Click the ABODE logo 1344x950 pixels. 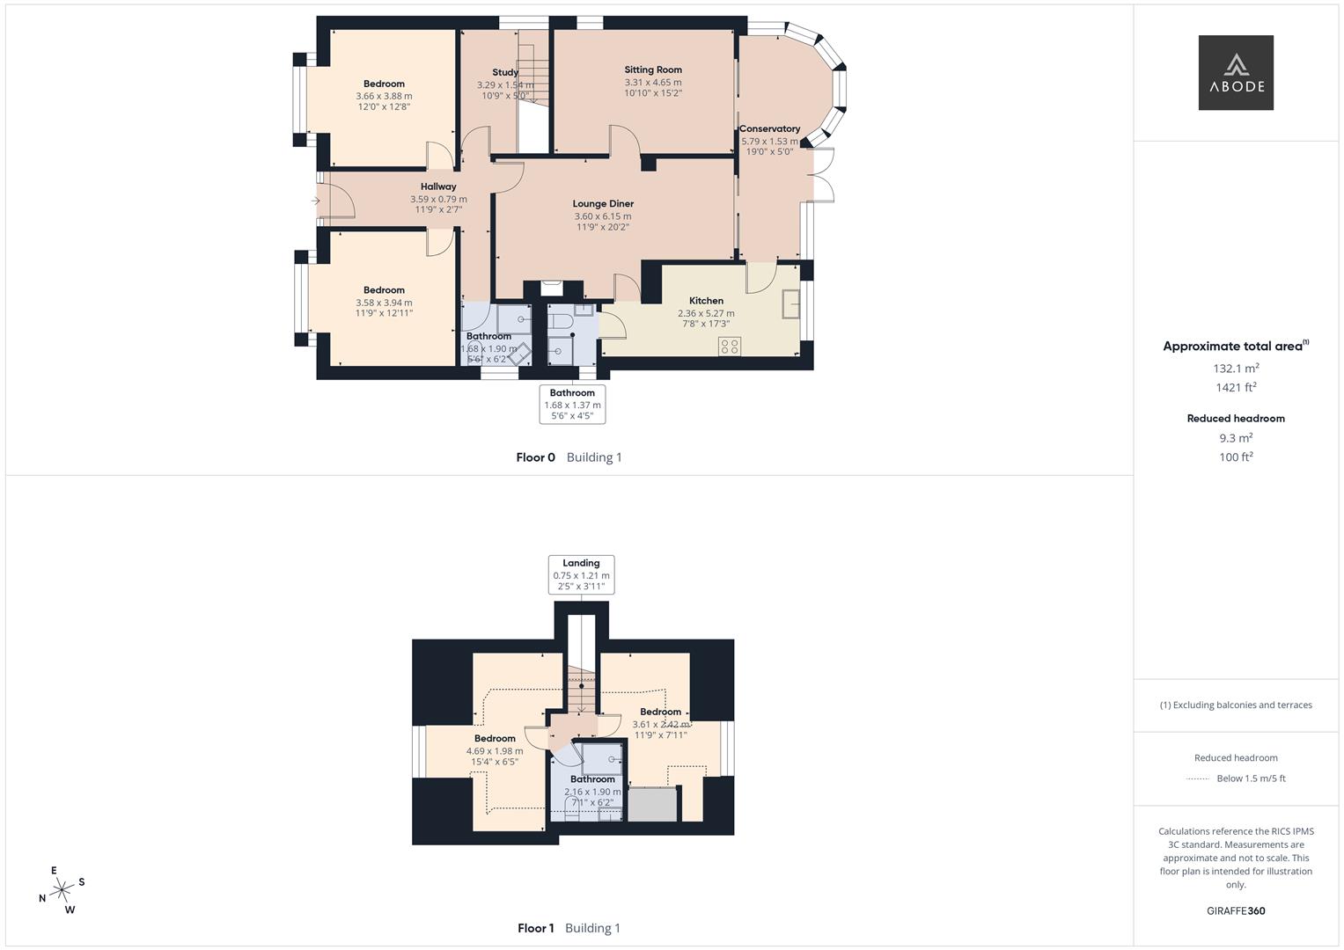pyautogui.click(x=1235, y=72)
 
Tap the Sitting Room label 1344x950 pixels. pyautogui.click(x=653, y=69)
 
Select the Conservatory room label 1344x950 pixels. pyautogui.click(x=769, y=128)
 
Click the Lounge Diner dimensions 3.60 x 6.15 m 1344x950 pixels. pyautogui.click(x=603, y=216)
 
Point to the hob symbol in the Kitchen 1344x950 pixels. pyautogui.click(x=729, y=346)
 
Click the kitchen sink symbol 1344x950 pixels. pyautogui.click(x=790, y=303)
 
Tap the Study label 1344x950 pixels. pyautogui.click(x=505, y=73)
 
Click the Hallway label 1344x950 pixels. pyautogui.click(x=438, y=186)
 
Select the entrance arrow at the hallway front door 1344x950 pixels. pyautogui.click(x=315, y=201)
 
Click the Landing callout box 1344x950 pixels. pyautogui.click(x=581, y=574)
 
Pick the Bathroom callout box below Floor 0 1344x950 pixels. pyautogui.click(x=572, y=404)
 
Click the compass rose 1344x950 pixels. pyautogui.click(x=62, y=890)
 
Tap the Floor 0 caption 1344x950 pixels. pyautogui.click(x=535, y=457)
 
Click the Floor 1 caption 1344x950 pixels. pyautogui.click(x=535, y=928)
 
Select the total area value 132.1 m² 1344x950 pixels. pyautogui.click(x=1235, y=369)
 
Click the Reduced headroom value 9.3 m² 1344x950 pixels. pyautogui.click(x=1235, y=438)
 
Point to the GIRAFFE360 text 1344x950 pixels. pyautogui.click(x=1235, y=911)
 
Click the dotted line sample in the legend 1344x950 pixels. pyautogui.click(x=1198, y=778)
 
